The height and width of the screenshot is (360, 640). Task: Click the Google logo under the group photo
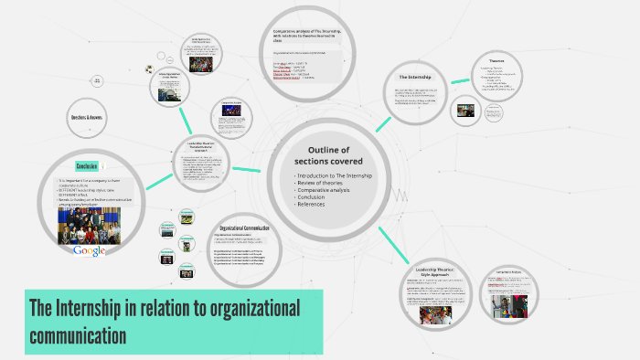pos(90,250)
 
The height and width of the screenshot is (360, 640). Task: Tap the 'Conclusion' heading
pos(87,166)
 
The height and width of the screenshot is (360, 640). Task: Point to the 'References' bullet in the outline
pos(313,204)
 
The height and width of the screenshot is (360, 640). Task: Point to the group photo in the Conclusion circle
pos(90,222)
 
